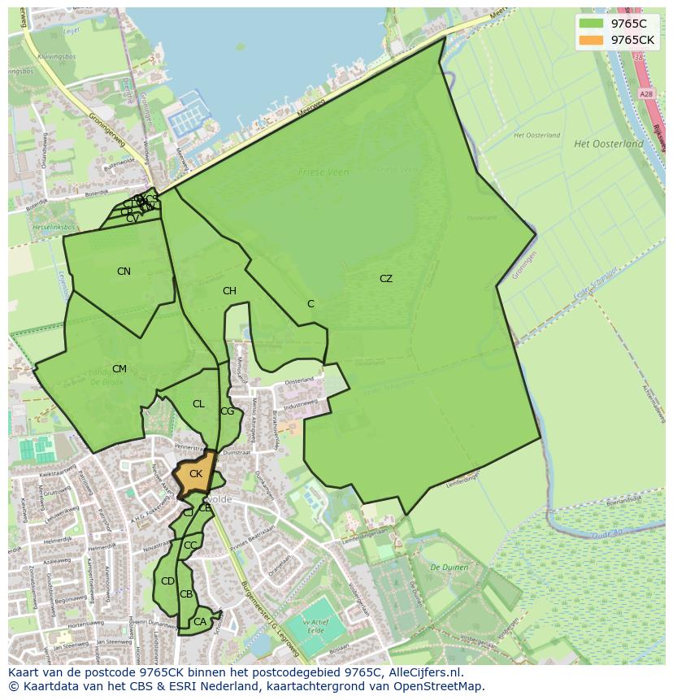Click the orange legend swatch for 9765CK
pos(592,40)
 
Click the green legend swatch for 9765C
pos(592,24)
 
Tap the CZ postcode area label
pos(385,279)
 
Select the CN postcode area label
pos(124,272)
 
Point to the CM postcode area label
pos(119,369)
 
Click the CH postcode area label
pos(229,291)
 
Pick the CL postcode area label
pos(198,404)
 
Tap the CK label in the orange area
pos(196,474)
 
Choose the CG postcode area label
pos(227,411)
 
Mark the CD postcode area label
pos(167,581)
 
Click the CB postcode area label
pos(186,594)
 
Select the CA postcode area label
pos(199,622)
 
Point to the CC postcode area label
pos(190,546)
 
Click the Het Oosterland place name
pos(608,144)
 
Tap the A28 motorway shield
pos(646,94)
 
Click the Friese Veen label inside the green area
pos(323,172)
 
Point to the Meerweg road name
pos(311,108)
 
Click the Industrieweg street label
pos(299,404)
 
